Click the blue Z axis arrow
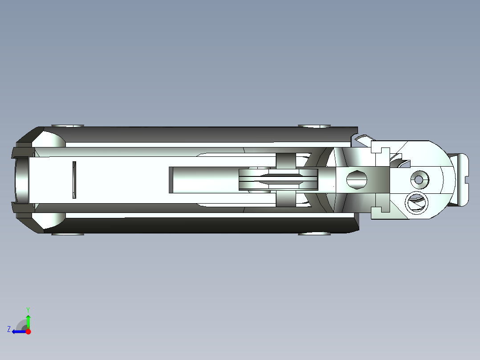(19, 331)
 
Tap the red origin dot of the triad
(28, 331)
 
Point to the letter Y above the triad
(28, 309)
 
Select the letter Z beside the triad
(9, 329)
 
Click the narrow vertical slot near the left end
(74, 180)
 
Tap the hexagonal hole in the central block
(356, 180)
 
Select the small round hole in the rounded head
(419, 180)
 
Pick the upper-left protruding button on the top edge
(68, 126)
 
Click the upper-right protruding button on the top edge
(314, 126)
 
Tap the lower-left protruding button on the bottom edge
(68, 233)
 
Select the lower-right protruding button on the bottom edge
(314, 233)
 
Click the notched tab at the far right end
(463, 180)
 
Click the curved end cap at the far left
(20, 180)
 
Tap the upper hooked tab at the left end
(22, 151)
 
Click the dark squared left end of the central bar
(171, 180)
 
